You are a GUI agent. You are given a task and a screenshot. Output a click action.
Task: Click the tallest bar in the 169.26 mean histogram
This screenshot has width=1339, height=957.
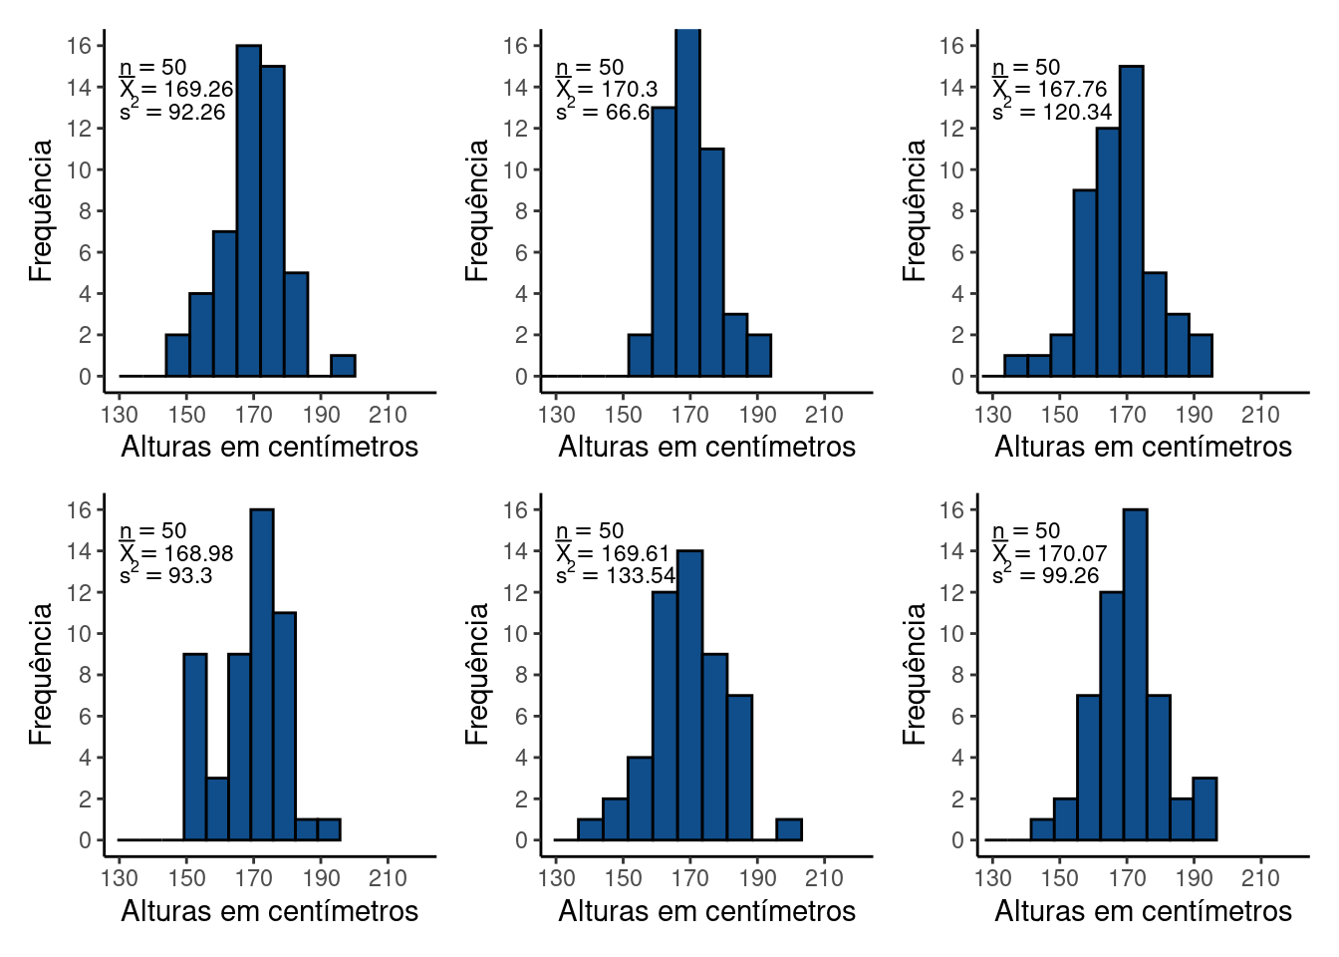coord(248,210)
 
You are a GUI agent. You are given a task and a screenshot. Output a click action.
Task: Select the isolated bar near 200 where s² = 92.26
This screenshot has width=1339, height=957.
coord(343,366)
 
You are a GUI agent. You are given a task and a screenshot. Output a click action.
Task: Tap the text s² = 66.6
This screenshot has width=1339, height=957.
coord(603,112)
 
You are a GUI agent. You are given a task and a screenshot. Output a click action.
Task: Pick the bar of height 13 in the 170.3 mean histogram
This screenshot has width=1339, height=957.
coord(664,241)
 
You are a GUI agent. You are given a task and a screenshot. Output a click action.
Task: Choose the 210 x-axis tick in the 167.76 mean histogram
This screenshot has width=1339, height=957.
coord(1260,415)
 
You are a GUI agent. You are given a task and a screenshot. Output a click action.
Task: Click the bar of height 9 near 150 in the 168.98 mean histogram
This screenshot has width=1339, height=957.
coord(195,747)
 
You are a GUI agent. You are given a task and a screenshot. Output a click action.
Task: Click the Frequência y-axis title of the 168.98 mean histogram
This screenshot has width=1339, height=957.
coord(40,674)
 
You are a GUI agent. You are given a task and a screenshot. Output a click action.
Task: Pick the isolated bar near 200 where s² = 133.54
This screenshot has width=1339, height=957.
coord(789,829)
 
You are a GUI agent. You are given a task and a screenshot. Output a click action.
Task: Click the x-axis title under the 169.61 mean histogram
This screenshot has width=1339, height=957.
coord(706,911)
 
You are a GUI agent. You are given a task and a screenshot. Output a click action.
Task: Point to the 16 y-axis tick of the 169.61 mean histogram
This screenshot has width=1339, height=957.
coord(515,509)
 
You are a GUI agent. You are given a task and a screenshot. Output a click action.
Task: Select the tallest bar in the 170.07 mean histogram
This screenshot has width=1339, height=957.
coord(1135,675)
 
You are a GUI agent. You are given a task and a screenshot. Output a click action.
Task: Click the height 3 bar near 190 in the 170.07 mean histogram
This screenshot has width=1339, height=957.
coord(1205,808)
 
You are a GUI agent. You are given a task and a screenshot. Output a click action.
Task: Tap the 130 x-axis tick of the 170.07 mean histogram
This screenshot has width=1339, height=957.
coord(992,878)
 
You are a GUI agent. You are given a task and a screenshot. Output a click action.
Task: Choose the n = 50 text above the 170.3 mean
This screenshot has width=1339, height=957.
coord(589,68)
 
